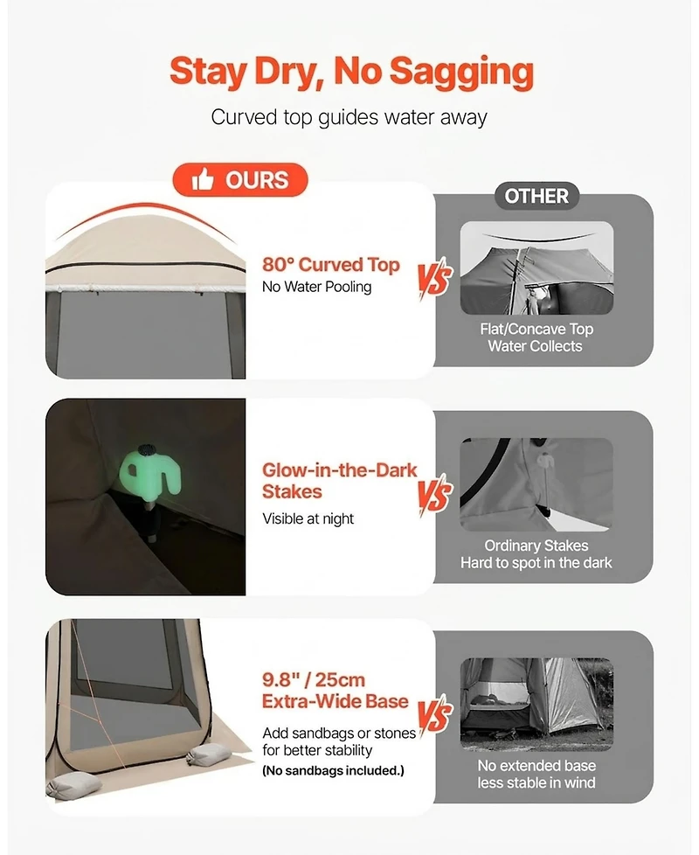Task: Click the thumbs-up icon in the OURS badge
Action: tap(202, 179)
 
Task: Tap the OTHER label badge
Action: tap(536, 196)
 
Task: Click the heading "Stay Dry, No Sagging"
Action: tap(351, 72)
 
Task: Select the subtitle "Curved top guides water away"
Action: tap(349, 117)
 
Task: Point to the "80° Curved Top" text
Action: tap(330, 265)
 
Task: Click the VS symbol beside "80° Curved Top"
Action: tap(435, 279)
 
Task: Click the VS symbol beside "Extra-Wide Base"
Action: tap(435, 715)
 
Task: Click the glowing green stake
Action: tap(149, 473)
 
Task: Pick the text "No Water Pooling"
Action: tap(316, 287)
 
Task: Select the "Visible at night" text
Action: tap(308, 518)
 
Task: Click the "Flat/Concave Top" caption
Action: tap(536, 329)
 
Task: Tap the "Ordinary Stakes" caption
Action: tap(536, 546)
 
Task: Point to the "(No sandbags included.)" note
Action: tap(333, 770)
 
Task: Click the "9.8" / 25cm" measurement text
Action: tap(314, 680)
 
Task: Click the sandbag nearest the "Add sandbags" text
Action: tap(209, 756)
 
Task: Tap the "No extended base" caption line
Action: tap(536, 766)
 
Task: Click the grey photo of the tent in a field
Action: tap(536, 704)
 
